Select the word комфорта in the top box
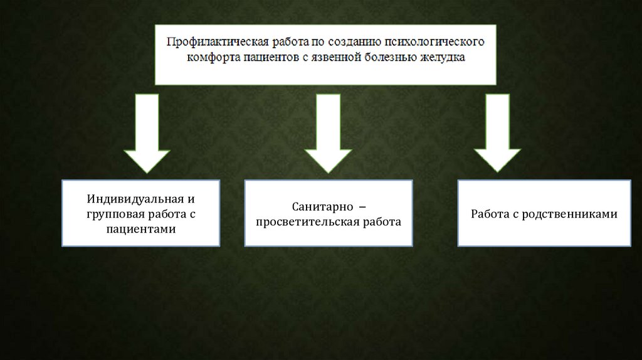(x=213, y=57)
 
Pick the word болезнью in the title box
(x=391, y=57)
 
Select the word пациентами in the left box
(x=141, y=230)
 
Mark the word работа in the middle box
(x=380, y=222)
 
